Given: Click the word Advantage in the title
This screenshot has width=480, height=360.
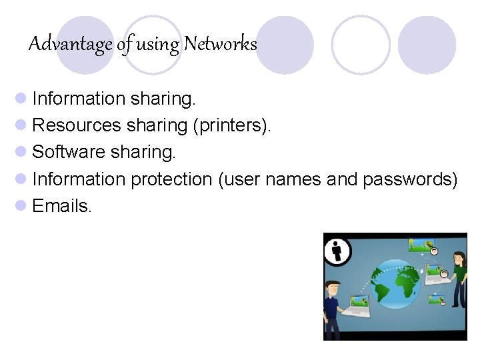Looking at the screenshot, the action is [71, 45].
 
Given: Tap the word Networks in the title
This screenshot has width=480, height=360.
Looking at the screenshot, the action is [220, 44].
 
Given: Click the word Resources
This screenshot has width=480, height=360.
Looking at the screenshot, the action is [77, 125].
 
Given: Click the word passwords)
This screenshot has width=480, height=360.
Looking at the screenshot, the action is [410, 179].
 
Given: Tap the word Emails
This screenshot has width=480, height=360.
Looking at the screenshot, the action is [62, 206].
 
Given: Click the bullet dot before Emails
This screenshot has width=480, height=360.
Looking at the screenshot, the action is [21, 206].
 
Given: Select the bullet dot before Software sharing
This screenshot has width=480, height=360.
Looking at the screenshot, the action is [21, 152].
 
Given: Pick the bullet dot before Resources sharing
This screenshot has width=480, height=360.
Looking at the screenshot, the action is [21, 125].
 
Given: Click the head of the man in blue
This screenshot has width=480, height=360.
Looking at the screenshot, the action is [333, 289].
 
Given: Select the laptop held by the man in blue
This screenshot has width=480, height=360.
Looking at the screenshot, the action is [357, 307].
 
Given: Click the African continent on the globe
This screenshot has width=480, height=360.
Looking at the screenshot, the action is [405, 286].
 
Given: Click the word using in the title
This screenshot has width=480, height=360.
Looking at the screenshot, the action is [158, 45].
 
